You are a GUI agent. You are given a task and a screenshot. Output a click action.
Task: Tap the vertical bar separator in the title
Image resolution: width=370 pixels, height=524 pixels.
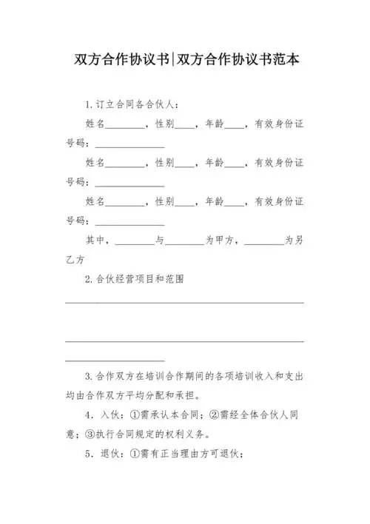172,60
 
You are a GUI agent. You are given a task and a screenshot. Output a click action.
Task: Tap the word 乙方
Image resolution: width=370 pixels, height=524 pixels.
75,260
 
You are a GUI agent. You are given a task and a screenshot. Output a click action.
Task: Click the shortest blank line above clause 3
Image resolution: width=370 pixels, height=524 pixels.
111,360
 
